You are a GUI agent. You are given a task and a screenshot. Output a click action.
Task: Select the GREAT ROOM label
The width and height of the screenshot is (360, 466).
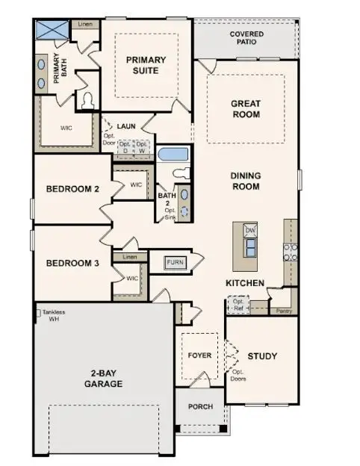tap(245, 109)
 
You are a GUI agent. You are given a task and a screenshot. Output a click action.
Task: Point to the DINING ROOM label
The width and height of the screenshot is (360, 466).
tap(245, 181)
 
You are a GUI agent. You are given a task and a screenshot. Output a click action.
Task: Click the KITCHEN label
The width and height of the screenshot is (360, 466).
tap(245, 283)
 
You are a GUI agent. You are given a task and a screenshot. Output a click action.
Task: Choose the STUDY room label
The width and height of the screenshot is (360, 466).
tap(262, 356)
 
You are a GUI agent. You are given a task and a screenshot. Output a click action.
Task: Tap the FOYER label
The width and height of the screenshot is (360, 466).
tap(199, 355)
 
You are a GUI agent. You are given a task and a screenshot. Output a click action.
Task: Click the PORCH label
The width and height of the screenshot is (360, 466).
tap(200, 407)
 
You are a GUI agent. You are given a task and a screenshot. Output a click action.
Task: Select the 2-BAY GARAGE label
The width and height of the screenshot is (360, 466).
tap(103, 379)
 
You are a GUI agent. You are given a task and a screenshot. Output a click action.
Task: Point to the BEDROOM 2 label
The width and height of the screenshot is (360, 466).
tap(72, 189)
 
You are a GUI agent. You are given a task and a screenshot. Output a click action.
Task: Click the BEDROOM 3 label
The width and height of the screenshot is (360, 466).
tap(72, 263)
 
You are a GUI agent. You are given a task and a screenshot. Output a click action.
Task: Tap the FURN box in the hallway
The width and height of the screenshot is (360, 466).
tap(176, 262)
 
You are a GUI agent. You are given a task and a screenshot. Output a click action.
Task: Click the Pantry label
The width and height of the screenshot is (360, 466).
tap(283, 310)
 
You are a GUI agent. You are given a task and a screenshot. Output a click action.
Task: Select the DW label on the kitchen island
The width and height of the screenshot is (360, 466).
tap(250, 231)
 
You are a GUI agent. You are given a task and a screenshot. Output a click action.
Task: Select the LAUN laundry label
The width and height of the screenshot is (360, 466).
tap(125, 127)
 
